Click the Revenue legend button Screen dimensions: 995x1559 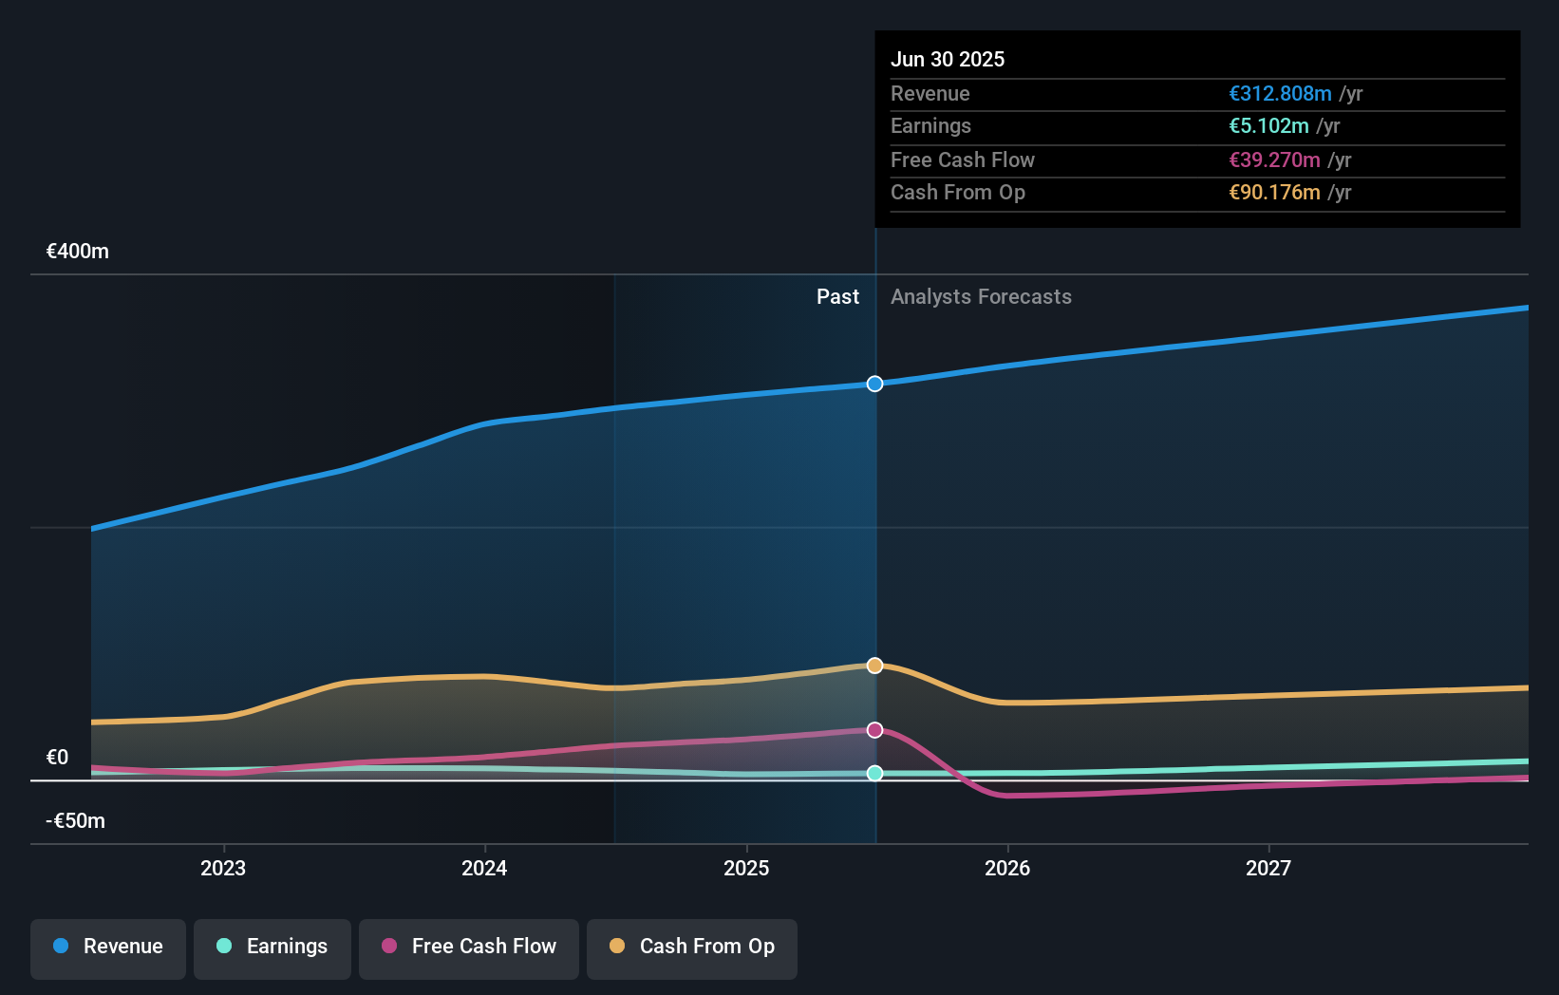pyautogui.click(x=108, y=947)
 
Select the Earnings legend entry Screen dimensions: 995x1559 pyautogui.click(x=272, y=947)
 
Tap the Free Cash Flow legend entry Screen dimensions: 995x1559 pyautogui.click(x=469, y=947)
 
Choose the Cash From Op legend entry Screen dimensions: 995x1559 pyautogui.click(x=692, y=947)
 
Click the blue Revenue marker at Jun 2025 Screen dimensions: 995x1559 pyautogui.click(x=874, y=384)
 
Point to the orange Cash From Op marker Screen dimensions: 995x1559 pyautogui.click(x=874, y=666)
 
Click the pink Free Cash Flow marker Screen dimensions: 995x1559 pyautogui.click(x=874, y=730)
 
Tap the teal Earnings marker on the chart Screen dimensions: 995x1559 pyautogui.click(x=874, y=773)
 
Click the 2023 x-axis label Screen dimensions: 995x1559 pyautogui.click(x=223, y=868)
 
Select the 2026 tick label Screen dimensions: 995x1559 pyautogui.click(x=1007, y=868)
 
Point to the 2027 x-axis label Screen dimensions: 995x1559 pyautogui.click(x=1268, y=868)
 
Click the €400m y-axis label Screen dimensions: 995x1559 pyautogui.click(x=78, y=252)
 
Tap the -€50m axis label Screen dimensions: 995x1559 pyautogui.click(x=76, y=821)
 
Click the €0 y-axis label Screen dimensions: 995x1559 pyautogui.click(x=58, y=758)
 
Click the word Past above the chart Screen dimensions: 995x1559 pyautogui.click(x=837, y=297)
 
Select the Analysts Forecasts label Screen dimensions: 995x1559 pyautogui.click(x=981, y=297)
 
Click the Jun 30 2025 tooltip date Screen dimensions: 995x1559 pyautogui.click(x=948, y=60)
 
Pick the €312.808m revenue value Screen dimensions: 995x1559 pyautogui.click(x=1280, y=94)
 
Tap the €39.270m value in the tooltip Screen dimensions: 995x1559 pyautogui.click(x=1274, y=160)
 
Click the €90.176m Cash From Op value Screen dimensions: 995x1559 pyautogui.click(x=1274, y=193)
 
